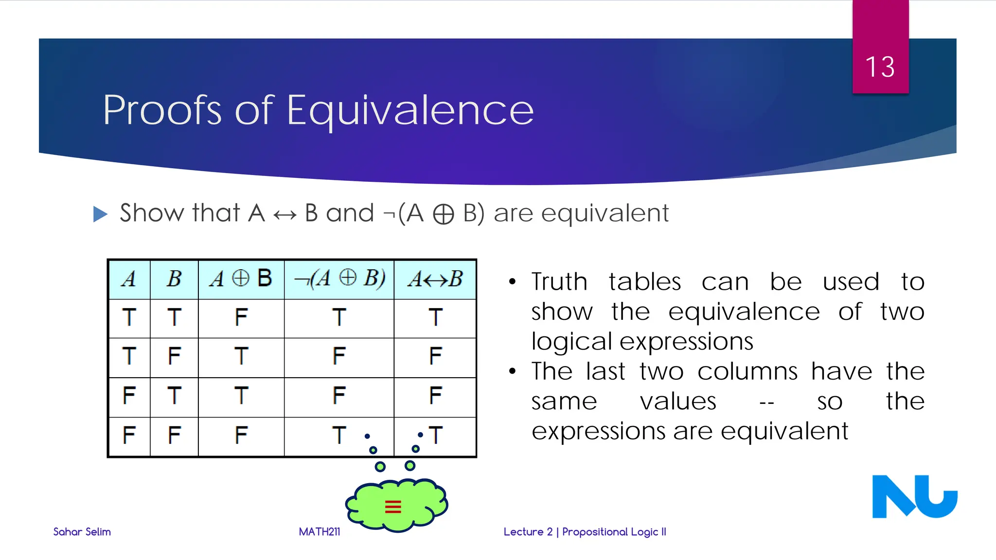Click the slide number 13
[x=880, y=67]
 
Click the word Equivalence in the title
[x=410, y=111]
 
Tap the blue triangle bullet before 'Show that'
[x=100, y=214]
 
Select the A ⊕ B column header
[x=241, y=279]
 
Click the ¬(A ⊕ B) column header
[x=339, y=279]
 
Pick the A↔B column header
[x=435, y=279]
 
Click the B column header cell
[x=174, y=279]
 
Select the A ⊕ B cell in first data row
[x=241, y=317]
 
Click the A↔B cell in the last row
[x=436, y=435]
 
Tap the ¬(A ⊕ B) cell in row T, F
[x=339, y=356]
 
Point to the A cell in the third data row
[x=129, y=395]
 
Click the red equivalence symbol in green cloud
[x=393, y=507]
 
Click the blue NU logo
[x=914, y=496]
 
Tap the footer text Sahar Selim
[x=82, y=532]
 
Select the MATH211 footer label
[x=319, y=532]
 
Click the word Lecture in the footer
[x=523, y=532]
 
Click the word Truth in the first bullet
[x=559, y=282]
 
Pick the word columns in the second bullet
[x=747, y=372]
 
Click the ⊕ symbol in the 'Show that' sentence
[x=443, y=214]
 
